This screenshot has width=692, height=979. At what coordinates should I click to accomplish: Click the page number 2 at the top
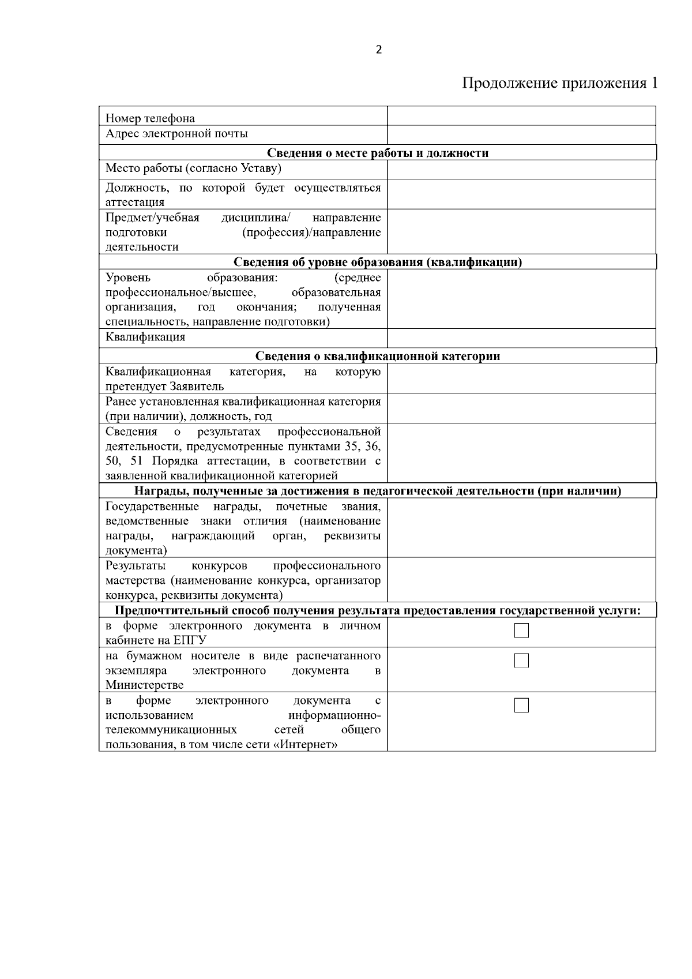coord(379,50)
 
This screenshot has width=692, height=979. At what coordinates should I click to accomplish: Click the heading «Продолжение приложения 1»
coord(559,84)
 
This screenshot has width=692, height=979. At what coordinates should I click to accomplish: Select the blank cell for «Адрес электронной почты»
coord(521,134)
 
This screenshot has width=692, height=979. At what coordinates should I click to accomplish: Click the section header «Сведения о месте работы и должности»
coord(378,153)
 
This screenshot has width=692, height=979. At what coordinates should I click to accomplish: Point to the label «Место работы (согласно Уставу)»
coord(193,168)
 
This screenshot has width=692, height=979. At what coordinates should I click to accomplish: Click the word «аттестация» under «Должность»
coord(135,202)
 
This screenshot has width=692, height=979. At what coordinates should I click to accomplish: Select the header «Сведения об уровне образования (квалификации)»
coord(378,262)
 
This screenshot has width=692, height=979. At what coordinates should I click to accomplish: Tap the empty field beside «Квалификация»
coord(521,337)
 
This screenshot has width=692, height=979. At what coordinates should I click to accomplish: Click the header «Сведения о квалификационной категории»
coord(378,356)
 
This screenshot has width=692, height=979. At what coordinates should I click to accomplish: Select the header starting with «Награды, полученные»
coord(378,492)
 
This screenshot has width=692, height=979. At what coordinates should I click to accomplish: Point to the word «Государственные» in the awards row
coord(152,507)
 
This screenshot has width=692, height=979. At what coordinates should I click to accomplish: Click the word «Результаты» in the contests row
coord(136,566)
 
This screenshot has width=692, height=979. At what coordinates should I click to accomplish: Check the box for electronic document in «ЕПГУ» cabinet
coord(521,631)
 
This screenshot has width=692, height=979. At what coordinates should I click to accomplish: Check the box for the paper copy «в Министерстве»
coord(521,661)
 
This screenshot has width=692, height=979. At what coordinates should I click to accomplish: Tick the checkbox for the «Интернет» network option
coord(521,705)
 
